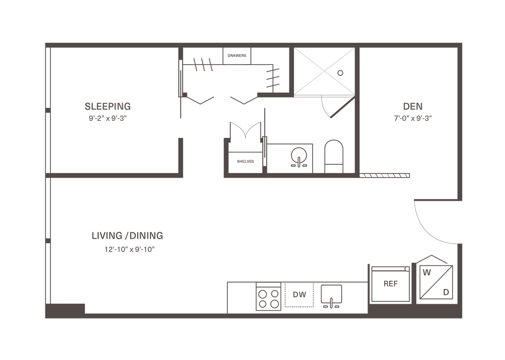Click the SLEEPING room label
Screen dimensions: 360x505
point(108,106)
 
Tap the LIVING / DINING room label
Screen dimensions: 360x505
point(127,235)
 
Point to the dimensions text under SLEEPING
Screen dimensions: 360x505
point(108,118)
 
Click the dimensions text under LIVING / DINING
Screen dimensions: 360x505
point(127,249)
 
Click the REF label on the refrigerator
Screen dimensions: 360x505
point(391,284)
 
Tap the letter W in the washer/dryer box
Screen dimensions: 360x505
point(427,272)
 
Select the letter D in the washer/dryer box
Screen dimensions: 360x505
point(445,292)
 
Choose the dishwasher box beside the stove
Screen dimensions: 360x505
point(299,295)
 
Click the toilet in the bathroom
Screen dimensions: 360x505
point(333,154)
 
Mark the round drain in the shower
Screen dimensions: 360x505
point(340,72)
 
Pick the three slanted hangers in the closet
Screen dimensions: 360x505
point(203,64)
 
